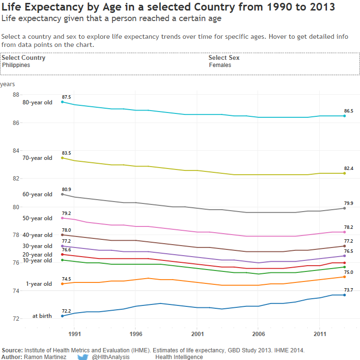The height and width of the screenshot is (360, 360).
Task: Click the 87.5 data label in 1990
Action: point(66,97)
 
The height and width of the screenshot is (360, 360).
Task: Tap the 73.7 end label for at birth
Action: point(349,290)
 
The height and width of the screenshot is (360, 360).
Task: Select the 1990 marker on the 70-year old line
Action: point(62,158)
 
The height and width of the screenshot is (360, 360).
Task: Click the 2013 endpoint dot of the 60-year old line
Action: point(345,208)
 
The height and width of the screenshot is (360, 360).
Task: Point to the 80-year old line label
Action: point(37,102)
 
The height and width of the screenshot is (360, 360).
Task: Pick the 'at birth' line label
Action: point(42,316)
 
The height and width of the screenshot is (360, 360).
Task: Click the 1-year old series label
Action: point(39,284)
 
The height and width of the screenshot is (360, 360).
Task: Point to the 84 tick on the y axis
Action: point(16,150)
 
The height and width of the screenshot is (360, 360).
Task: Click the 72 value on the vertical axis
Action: point(16,319)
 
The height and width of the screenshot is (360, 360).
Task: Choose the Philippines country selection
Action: point(16,65)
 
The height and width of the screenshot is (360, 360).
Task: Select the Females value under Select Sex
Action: point(220,65)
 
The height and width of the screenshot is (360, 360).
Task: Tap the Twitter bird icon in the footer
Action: point(83,357)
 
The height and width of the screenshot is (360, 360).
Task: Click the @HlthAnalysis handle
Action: point(111,357)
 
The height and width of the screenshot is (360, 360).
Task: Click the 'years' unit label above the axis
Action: point(7,84)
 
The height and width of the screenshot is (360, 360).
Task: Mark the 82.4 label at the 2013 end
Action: point(349,168)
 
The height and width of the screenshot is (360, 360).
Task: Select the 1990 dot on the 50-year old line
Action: point(62,218)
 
